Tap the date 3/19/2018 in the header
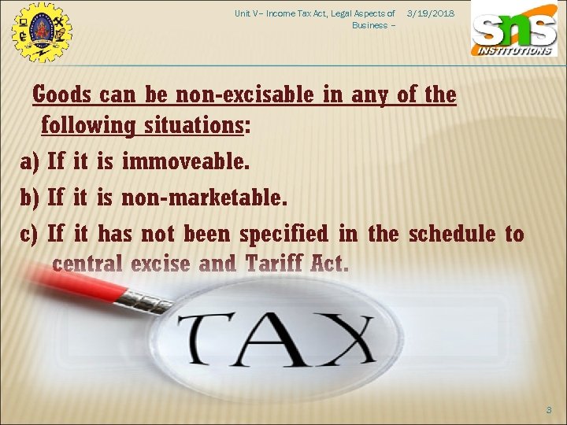click(x=431, y=14)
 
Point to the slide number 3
click(x=549, y=409)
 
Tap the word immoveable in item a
click(x=186, y=163)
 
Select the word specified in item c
click(x=283, y=235)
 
